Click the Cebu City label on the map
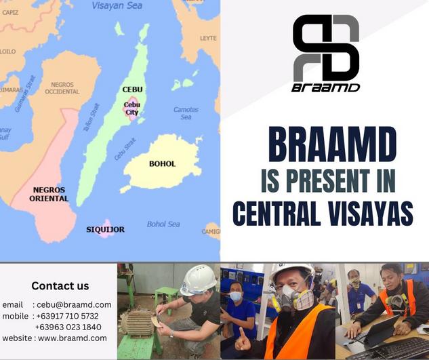click(132, 108)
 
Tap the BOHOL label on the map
click(162, 163)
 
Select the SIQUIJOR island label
click(105, 229)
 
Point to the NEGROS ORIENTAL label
click(49, 194)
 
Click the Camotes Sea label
click(186, 113)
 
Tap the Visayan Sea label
click(117, 5)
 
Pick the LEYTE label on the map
click(208, 39)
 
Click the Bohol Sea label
click(163, 224)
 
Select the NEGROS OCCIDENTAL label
click(62, 88)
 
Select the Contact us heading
click(60, 286)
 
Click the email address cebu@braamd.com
click(74, 304)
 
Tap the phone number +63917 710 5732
click(67, 316)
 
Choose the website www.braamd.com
click(73, 338)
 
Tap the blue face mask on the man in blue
click(236, 296)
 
